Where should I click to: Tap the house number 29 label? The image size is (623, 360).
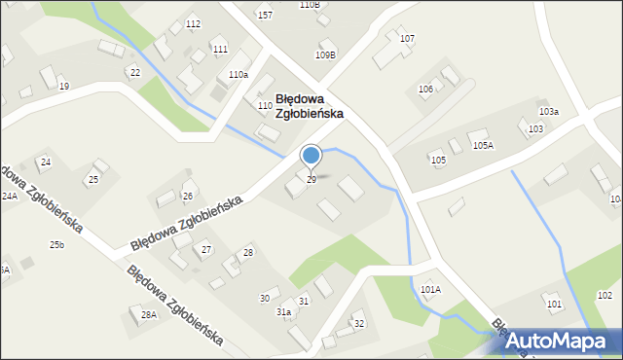(311, 180)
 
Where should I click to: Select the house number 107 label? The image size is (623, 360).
(407, 39)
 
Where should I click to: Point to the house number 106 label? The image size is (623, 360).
(425, 90)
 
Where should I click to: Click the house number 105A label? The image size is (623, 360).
(483, 145)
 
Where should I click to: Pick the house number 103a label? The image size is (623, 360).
(549, 112)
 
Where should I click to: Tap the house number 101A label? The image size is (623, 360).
(431, 290)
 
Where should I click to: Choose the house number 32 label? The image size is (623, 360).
(358, 323)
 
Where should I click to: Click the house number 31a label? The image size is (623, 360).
(283, 311)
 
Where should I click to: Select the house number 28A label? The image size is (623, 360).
(148, 314)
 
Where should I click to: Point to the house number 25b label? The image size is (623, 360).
(57, 244)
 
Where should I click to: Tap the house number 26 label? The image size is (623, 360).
(188, 196)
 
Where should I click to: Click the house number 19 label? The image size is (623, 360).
(64, 87)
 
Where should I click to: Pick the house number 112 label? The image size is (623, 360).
(193, 23)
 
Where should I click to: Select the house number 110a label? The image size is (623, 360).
(238, 75)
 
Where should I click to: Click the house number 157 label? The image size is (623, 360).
(265, 16)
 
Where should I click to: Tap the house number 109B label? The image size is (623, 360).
(325, 55)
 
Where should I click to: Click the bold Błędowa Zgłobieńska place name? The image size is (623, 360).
(310, 105)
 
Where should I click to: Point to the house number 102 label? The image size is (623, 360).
(605, 295)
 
